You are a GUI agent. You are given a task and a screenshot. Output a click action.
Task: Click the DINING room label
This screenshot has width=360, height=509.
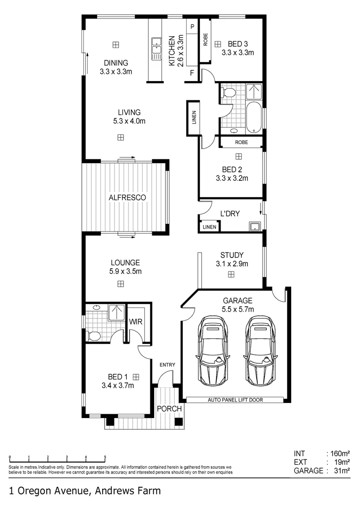116,63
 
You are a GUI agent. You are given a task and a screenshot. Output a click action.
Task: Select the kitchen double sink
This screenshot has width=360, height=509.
155,49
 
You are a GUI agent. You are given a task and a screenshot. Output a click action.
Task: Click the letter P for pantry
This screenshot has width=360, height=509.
192,27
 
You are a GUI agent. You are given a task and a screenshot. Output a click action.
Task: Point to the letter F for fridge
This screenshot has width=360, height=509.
192,73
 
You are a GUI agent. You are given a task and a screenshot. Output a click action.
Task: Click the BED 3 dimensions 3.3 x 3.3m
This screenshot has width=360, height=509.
238,53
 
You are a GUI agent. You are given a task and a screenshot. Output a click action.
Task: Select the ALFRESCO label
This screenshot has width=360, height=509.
127,197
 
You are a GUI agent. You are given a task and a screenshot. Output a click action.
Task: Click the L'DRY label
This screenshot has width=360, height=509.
230,213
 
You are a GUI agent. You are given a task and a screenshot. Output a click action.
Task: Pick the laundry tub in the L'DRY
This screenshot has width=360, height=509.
255,226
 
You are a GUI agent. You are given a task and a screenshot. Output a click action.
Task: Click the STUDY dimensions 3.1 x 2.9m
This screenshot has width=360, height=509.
232,264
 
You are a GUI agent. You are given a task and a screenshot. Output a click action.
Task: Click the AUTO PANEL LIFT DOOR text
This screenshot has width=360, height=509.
235,400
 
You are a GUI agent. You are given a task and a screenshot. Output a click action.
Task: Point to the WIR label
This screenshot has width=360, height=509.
136,322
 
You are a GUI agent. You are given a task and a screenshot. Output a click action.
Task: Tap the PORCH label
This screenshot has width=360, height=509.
169,409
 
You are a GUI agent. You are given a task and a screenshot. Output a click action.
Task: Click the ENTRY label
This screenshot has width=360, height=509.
167,365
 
